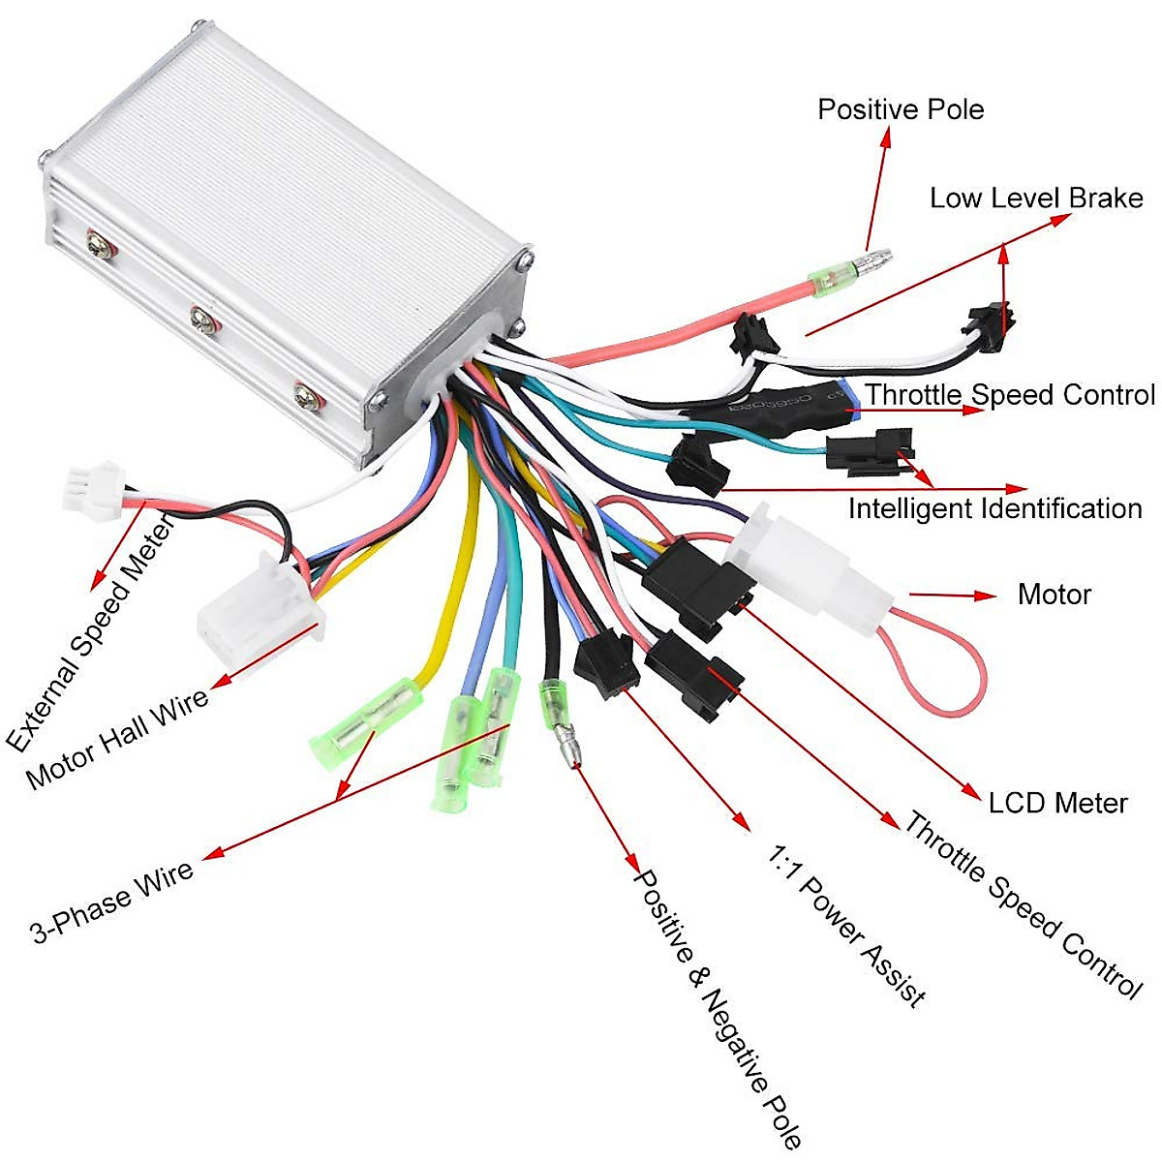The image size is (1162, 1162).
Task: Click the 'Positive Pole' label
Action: pos(901,109)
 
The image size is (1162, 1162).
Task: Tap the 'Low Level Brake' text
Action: pos(1036,199)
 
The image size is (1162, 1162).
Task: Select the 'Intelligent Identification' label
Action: pos(994,508)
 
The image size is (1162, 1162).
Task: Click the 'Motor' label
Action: pos(1054,595)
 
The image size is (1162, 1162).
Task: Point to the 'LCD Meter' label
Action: pos(1057,803)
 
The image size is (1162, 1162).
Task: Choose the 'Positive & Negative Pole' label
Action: pos(717,1007)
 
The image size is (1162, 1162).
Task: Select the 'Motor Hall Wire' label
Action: pos(117,738)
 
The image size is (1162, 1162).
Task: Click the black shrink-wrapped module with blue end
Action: pos(775,407)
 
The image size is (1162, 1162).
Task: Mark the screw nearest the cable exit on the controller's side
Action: pos(307,394)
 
